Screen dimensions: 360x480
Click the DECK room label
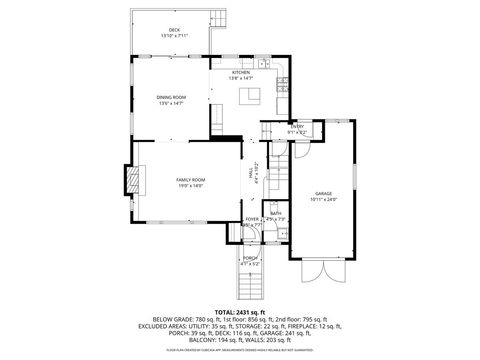click(175, 30)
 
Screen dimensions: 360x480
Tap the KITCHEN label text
click(241, 72)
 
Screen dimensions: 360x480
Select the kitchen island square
click(253, 95)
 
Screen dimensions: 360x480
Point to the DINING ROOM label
click(170, 97)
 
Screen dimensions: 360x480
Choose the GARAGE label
click(323, 193)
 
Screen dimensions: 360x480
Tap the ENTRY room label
click(297, 126)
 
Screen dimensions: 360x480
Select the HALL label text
click(250, 172)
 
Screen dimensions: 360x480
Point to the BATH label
click(274, 213)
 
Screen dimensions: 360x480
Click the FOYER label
click(252, 219)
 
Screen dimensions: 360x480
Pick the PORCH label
click(250, 258)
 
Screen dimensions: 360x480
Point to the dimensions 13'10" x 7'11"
click(175, 36)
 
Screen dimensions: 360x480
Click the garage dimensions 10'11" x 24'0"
click(323, 199)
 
